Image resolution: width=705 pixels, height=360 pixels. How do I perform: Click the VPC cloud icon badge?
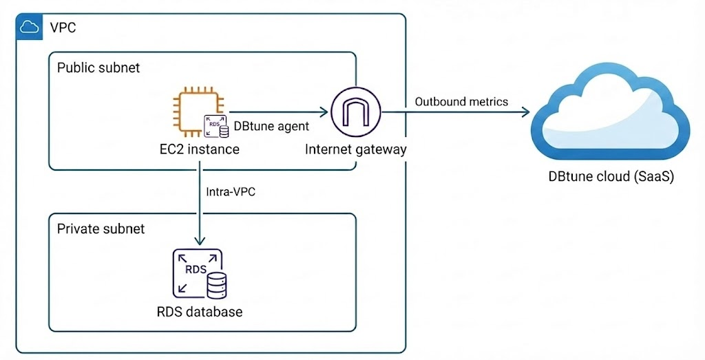[x=29, y=27]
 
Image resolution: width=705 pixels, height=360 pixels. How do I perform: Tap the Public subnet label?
[x=98, y=67]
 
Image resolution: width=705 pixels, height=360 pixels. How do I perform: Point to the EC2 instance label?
[x=199, y=149]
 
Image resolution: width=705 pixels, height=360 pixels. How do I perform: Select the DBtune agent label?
[x=271, y=126]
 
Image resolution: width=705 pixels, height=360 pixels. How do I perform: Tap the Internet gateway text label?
[x=356, y=149]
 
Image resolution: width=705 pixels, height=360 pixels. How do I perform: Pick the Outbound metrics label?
[x=461, y=102]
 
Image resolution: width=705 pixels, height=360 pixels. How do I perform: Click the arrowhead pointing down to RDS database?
[x=200, y=241]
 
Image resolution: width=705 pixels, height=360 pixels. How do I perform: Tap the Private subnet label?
[x=101, y=229]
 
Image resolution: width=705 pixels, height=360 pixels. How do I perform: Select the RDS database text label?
[x=200, y=312]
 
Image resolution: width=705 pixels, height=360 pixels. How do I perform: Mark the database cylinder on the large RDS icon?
[x=218, y=282]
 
